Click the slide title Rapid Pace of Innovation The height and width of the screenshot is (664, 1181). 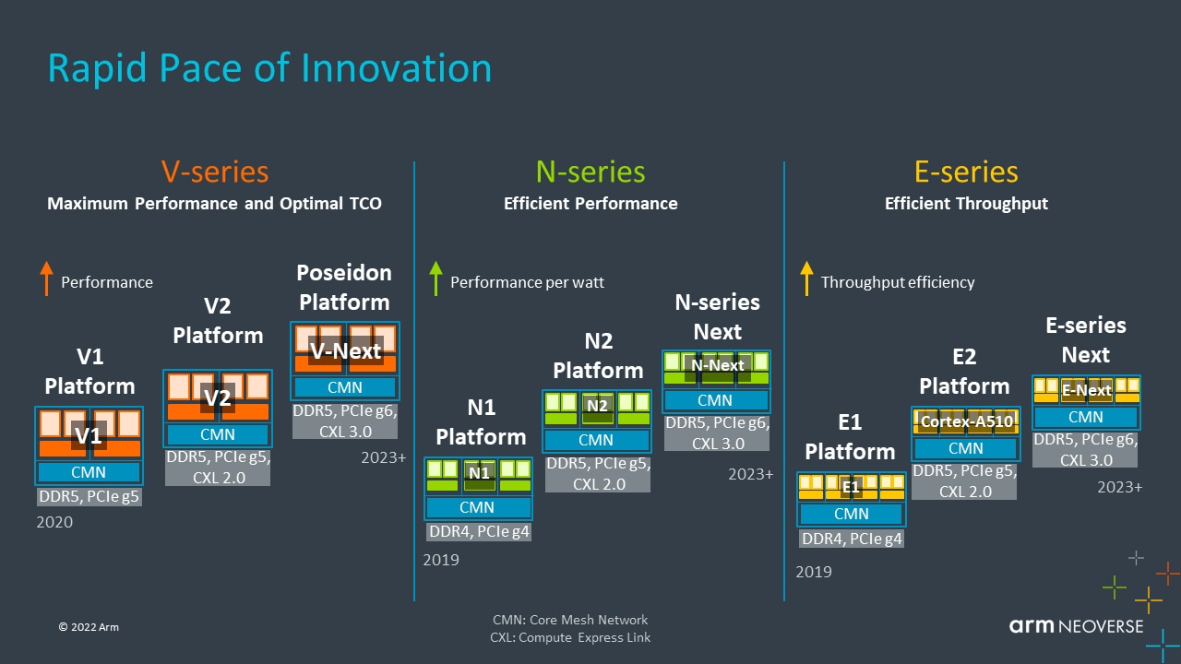pos(269,69)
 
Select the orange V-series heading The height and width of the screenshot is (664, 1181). pos(215,172)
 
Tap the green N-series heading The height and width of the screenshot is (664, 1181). pos(590,172)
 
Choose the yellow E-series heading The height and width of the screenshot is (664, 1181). pos(966,172)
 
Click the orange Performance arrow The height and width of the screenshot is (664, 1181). pos(47,279)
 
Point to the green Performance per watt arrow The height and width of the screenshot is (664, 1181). pos(437,279)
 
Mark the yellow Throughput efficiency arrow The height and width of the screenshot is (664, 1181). pos(806,279)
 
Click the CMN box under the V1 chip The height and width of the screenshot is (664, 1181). pos(89,472)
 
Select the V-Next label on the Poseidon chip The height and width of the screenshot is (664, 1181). pos(345,351)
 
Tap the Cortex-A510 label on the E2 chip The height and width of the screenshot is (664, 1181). pos(966,421)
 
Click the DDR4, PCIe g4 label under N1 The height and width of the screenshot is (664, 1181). pos(479,531)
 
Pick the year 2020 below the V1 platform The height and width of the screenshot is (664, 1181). pos(54,522)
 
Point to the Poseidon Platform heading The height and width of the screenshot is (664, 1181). pos(344,287)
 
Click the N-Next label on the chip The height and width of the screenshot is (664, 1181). pos(717,365)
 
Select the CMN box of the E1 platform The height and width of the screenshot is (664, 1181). pos(851,514)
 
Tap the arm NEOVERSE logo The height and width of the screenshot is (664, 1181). pos(1076,626)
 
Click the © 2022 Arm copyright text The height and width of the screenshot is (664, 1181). pos(89,627)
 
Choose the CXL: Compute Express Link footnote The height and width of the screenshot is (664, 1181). pos(570,637)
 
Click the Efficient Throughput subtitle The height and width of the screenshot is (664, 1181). pos(966,204)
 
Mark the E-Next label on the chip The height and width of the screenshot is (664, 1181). pos(1086,390)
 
